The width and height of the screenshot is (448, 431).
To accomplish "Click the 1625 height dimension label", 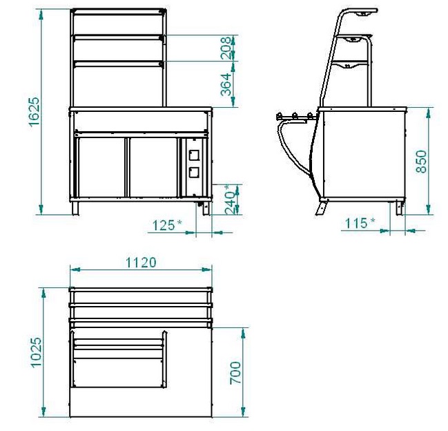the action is tap(34, 111).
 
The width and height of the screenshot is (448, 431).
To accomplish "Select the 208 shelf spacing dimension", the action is tap(226, 48).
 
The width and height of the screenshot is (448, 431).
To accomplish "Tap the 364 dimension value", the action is tap(226, 84).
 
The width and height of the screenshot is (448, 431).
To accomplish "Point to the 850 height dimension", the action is tap(421, 162).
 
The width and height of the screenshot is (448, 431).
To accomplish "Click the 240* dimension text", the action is tap(231, 200).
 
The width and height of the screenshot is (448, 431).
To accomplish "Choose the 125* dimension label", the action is tap(167, 225).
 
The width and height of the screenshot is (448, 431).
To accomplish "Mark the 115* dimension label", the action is tap(360, 223).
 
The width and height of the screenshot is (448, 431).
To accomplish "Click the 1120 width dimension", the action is tap(141, 262).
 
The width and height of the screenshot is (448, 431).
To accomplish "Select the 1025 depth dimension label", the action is tap(37, 352).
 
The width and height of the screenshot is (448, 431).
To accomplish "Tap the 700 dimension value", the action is tap(235, 373).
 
